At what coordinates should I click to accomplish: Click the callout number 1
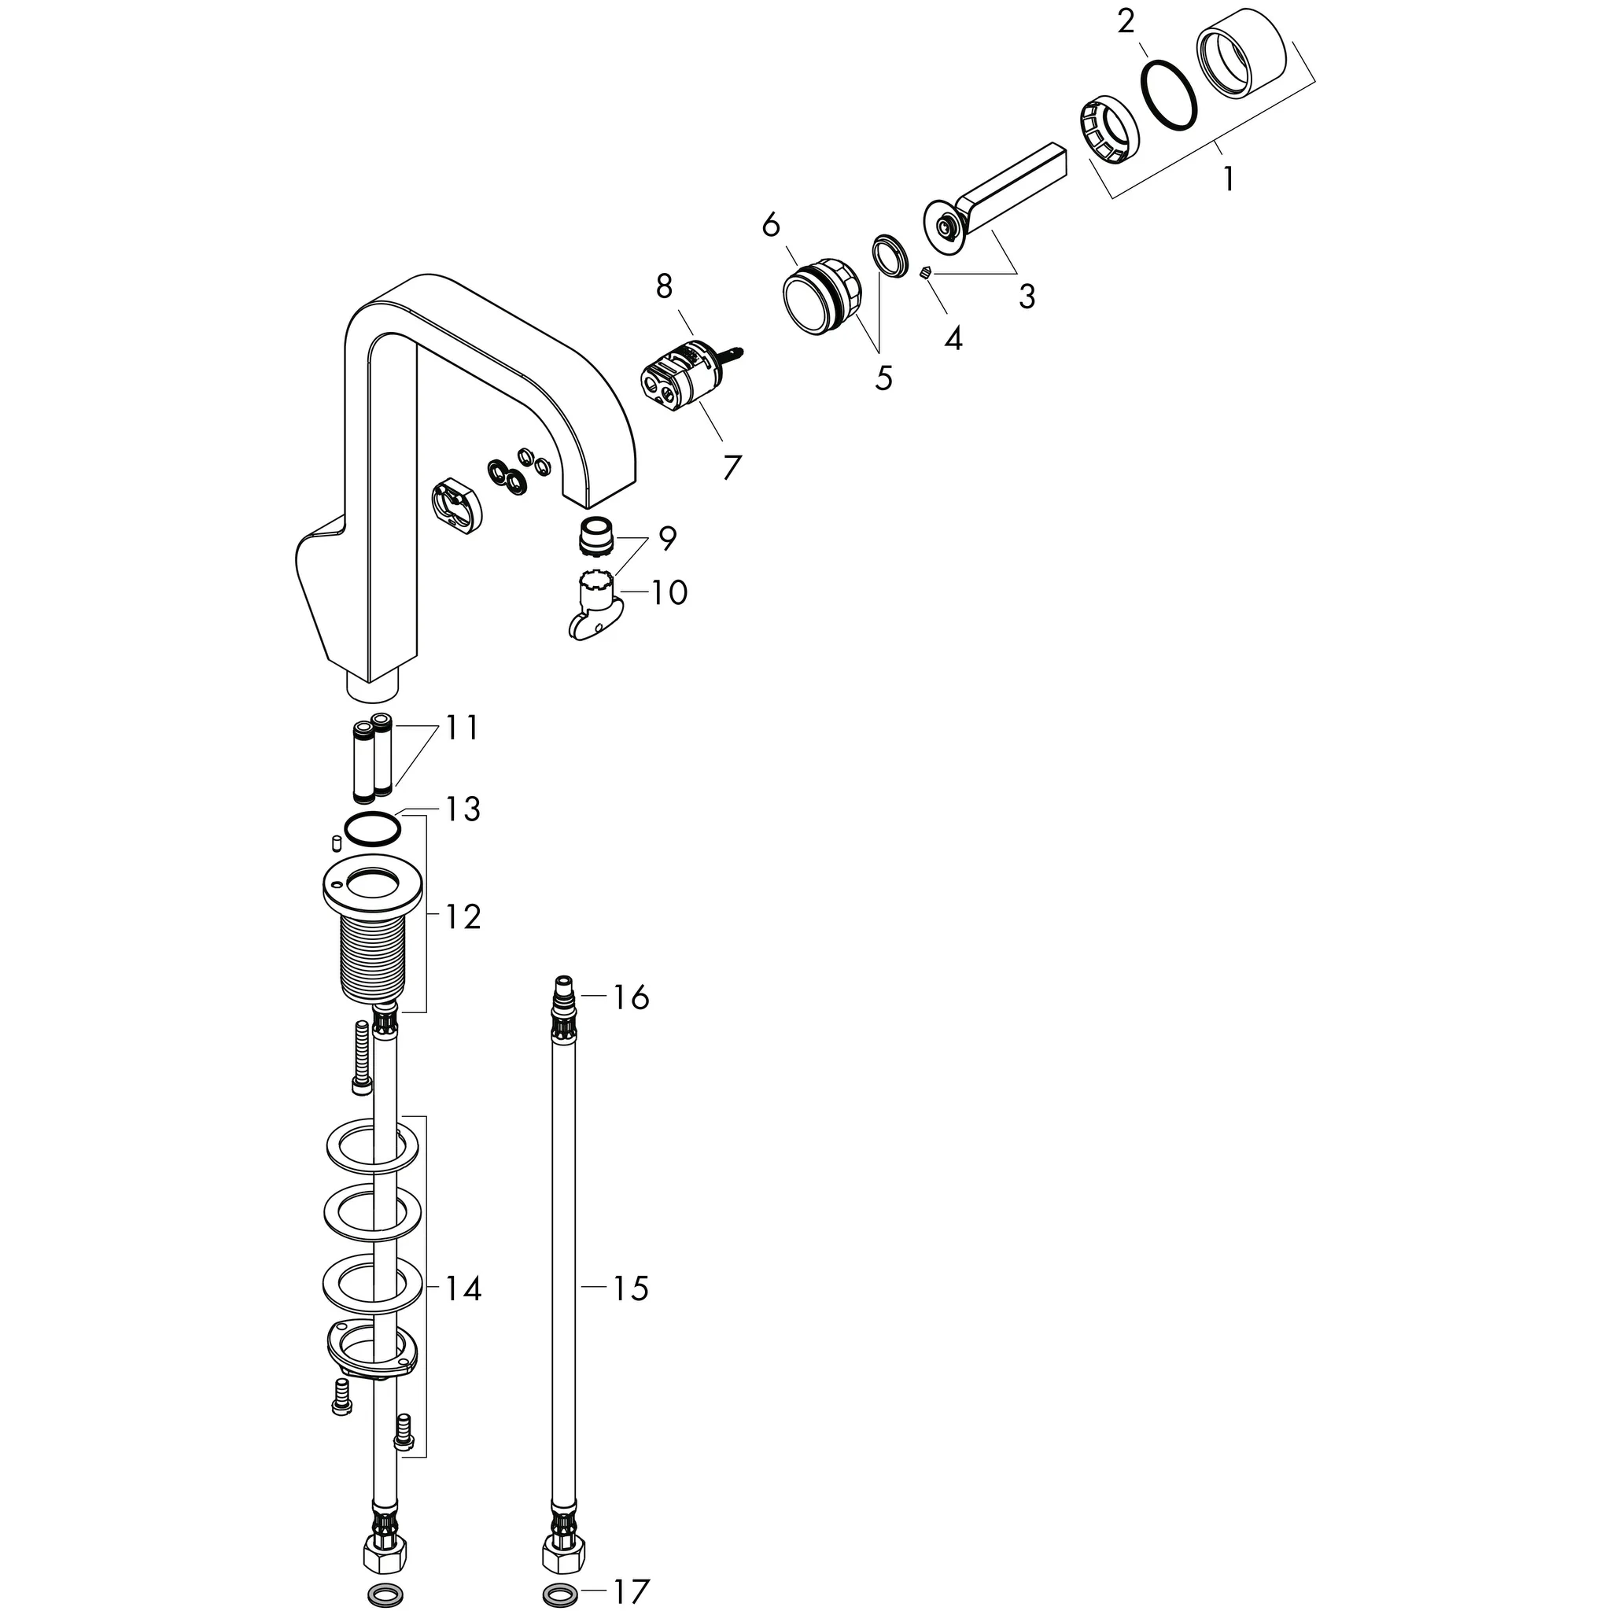tap(1227, 179)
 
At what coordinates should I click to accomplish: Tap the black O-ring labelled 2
tap(1170, 96)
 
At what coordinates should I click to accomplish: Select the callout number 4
tap(953, 338)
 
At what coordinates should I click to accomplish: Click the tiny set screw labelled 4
tap(925, 273)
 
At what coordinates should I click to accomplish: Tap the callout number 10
tap(669, 593)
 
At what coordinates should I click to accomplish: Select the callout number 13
tap(463, 809)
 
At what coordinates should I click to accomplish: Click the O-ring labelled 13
tap(373, 829)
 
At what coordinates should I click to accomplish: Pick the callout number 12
tap(463, 917)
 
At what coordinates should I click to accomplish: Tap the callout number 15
tap(630, 1288)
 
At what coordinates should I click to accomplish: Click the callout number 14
tap(463, 1289)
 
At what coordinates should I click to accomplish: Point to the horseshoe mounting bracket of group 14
tap(370, 1358)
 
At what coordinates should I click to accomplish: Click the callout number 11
tap(461, 728)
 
